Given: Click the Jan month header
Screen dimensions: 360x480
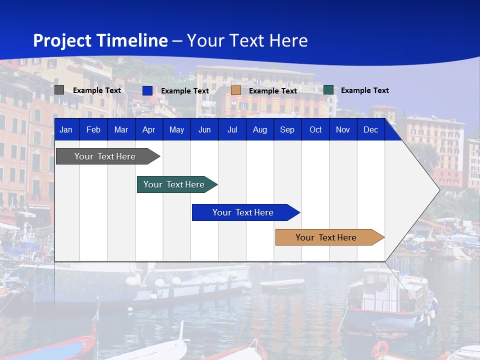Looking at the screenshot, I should (66, 129).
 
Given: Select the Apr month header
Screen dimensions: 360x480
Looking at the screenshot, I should (148, 129).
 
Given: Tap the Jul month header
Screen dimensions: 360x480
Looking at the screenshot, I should (232, 129).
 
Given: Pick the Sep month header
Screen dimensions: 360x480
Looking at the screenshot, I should (287, 129).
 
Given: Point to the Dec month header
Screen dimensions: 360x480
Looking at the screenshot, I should (370, 129).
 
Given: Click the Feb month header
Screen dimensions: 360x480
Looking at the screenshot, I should (93, 129).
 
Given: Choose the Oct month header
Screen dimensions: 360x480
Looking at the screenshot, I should (315, 129).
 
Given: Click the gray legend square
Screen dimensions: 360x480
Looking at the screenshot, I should (59, 90).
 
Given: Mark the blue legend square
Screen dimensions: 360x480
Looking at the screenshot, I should (147, 90).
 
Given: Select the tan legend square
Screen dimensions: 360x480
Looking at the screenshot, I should (236, 90).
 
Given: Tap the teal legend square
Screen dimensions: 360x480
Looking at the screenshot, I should (328, 90).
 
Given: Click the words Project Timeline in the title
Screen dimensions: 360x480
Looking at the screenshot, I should (100, 40).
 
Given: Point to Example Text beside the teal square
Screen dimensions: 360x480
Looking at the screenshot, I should (364, 90).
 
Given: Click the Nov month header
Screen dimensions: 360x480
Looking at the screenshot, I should (343, 129).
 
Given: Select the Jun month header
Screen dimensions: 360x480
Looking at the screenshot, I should (204, 129).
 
